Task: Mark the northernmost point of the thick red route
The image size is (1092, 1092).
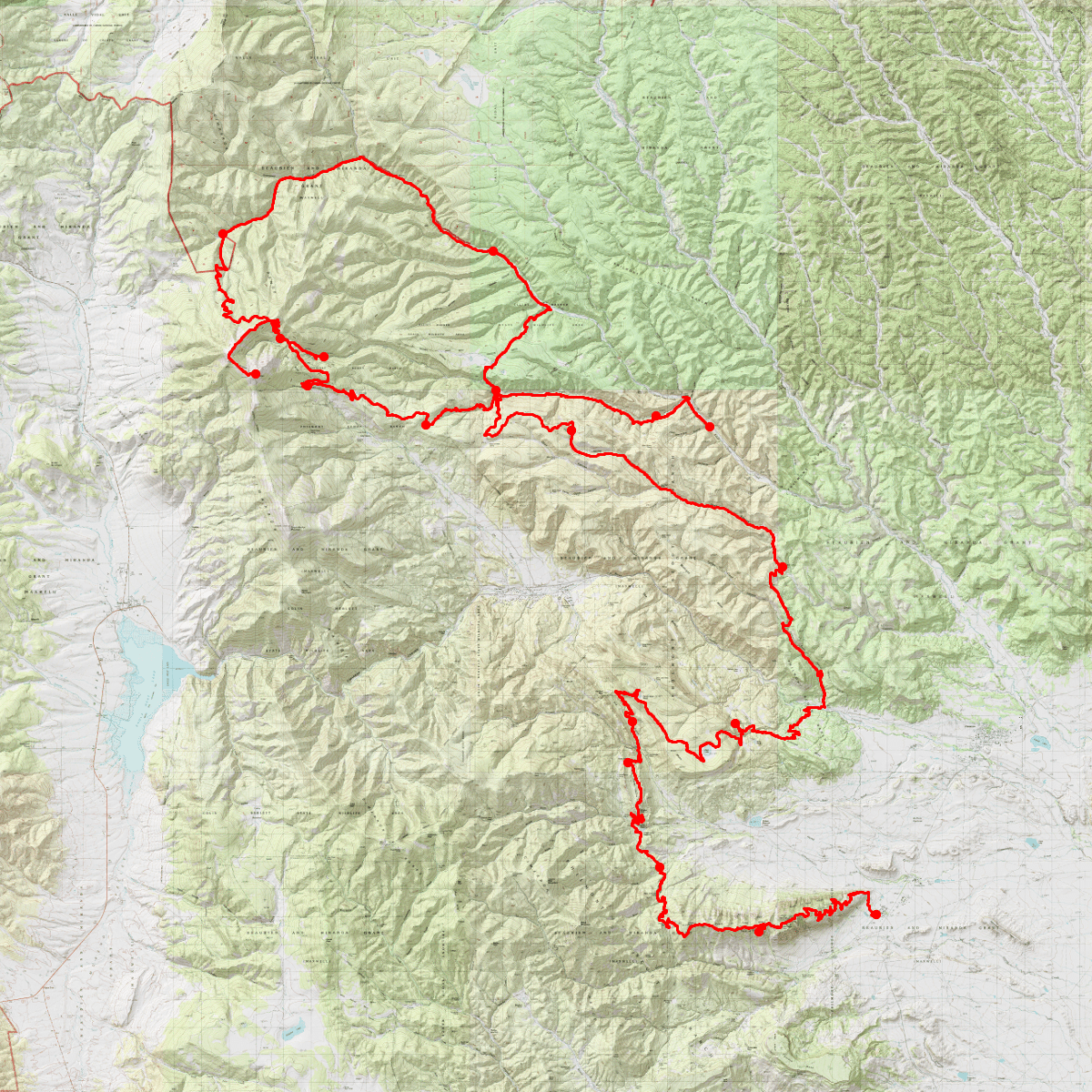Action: (x=362, y=158)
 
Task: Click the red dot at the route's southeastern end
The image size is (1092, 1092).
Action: (x=875, y=914)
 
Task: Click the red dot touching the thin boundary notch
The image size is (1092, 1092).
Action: (x=222, y=234)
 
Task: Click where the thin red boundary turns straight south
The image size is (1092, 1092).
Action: (x=171, y=104)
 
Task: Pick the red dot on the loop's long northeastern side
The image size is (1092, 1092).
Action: (x=492, y=250)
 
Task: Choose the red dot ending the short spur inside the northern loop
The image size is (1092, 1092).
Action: (x=324, y=357)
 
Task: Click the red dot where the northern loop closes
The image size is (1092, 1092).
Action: (x=496, y=391)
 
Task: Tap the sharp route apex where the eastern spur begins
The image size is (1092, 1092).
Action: (x=686, y=398)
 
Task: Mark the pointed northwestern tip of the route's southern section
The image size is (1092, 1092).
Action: (x=618, y=693)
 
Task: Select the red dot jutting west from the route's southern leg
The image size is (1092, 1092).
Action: (x=628, y=762)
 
